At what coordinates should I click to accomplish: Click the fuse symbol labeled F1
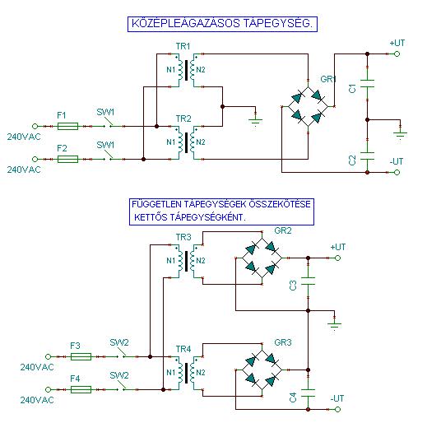tap(67, 126)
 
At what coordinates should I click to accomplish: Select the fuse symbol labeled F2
tap(67, 159)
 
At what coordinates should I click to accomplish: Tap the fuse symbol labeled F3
tap(81, 356)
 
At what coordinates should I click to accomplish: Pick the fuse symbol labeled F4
tap(81, 389)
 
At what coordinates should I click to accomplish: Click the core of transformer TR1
tap(187, 70)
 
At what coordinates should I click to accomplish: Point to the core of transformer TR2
tap(187, 142)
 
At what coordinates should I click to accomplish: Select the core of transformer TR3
tap(187, 261)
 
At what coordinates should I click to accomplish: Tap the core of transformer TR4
tap(187, 373)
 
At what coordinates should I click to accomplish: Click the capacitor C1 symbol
tap(367, 83)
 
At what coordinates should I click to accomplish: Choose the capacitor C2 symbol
tap(367, 156)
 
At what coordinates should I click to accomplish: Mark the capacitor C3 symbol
tap(308, 281)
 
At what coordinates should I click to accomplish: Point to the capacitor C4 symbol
tap(308, 393)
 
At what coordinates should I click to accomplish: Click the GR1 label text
tap(328, 79)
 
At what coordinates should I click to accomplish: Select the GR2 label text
tap(283, 230)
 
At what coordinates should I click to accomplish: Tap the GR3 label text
tap(283, 342)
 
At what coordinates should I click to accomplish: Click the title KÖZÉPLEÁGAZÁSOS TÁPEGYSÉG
tap(222, 23)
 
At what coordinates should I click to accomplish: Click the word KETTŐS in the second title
tap(151, 217)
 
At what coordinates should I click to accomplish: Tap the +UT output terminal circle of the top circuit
tap(397, 54)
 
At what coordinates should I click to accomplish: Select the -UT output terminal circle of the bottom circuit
tap(337, 409)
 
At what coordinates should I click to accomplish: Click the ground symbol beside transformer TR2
tap(255, 121)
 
